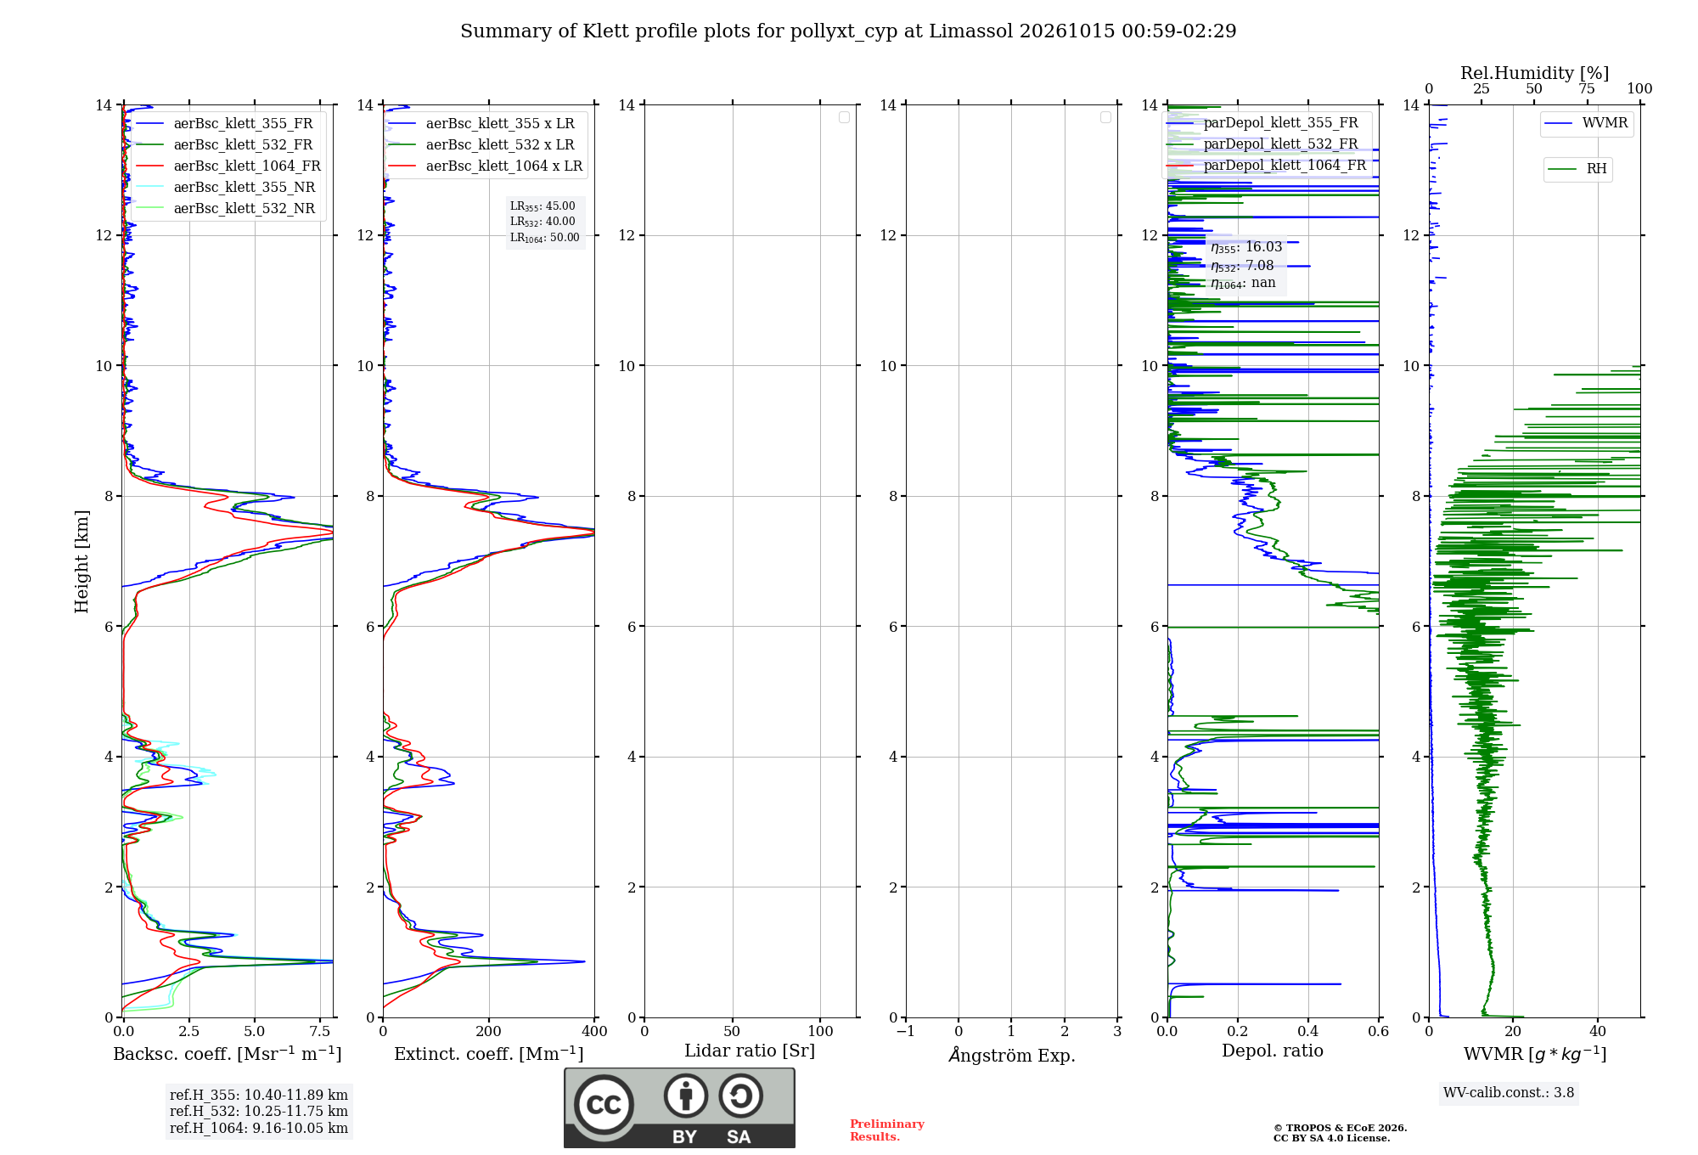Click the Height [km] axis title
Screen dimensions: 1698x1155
(82, 561)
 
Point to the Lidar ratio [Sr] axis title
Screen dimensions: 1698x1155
(750, 1051)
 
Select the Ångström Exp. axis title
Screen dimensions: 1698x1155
(1012, 1055)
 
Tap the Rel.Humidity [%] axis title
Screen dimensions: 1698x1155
(1534, 73)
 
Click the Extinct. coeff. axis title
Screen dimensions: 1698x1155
(489, 1054)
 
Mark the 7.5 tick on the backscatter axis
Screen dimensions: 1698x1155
(320, 1031)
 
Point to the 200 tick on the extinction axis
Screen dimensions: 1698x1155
(489, 1031)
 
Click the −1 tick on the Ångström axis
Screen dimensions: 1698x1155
(906, 1031)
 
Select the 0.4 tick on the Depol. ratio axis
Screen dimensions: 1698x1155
(1308, 1031)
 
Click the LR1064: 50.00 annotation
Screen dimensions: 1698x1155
(545, 238)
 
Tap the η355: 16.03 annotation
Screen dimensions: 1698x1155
(1246, 247)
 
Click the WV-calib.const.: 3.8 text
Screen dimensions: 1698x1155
(1509, 1093)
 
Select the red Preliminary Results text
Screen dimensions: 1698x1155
(887, 1130)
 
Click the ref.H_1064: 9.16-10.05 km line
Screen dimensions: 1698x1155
(259, 1129)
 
